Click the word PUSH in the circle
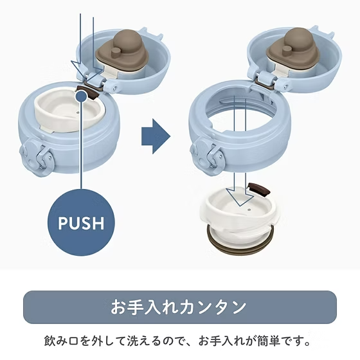click(81, 222)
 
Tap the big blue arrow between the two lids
click(156, 136)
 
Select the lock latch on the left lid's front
click(37, 157)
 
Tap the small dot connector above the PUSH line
click(82, 96)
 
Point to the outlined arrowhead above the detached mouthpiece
click(240, 196)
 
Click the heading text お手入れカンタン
click(179, 307)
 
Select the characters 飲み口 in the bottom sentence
click(61, 341)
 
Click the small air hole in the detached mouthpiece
click(249, 210)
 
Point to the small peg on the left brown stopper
click(116, 51)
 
